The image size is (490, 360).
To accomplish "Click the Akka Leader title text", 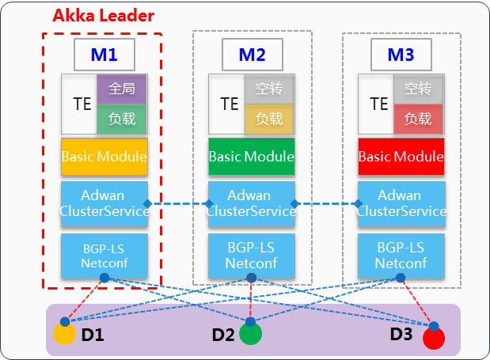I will tap(103, 16).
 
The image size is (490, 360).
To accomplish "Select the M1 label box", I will tap(104, 55).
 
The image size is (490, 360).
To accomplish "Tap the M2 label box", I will tap(252, 55).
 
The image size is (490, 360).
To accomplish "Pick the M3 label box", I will tap(401, 55).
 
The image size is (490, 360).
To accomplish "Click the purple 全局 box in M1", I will tap(122, 89).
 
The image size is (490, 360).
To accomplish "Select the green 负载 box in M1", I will tap(122, 119).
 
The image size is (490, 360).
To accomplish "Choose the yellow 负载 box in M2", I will tap(269, 119).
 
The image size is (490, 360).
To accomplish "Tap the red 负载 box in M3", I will tap(418, 119).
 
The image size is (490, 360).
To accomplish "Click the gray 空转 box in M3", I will tap(418, 89).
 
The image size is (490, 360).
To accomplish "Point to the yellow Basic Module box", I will tap(104, 157).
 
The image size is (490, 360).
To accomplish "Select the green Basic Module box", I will tap(252, 157).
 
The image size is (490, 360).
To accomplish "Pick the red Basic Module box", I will tap(401, 157).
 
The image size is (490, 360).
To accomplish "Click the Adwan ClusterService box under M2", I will tap(252, 203).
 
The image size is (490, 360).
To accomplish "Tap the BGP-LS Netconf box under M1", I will tap(104, 255).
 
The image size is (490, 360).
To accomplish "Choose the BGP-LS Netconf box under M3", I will tap(401, 255).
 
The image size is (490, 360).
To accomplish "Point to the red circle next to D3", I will tap(433, 338).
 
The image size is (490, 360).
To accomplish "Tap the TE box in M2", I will tap(229, 104).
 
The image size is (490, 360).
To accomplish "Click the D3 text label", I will tap(401, 335).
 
